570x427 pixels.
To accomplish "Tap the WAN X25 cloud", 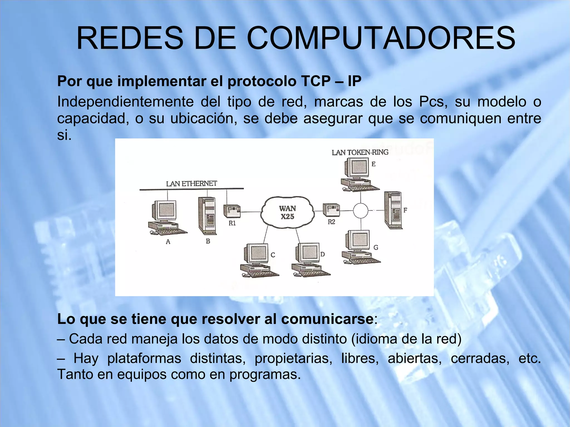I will click(288, 212).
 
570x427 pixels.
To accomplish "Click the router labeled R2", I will click(331, 210).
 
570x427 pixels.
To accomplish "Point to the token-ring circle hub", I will click(361, 210).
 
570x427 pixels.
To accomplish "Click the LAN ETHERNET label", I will click(191, 184).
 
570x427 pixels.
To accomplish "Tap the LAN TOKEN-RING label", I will click(360, 152).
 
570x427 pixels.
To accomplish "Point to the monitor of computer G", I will click(358, 240).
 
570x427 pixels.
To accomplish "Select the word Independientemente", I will click(125, 102).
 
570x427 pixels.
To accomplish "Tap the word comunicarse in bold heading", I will click(327, 319).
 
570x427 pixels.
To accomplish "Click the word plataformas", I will click(144, 358).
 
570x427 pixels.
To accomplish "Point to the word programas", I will click(265, 374).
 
